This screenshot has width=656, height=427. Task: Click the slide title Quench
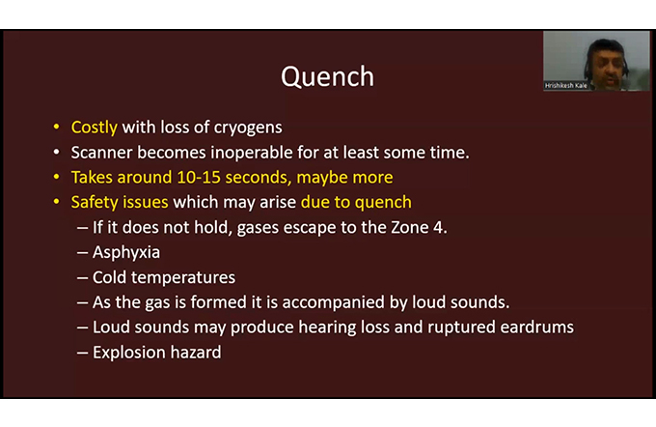[327, 77]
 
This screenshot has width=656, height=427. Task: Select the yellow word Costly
[95, 128]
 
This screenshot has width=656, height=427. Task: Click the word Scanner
[101, 153]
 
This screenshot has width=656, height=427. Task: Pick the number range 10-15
[199, 177]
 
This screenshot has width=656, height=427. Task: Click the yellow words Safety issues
[120, 202]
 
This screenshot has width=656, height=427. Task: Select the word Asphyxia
[126, 253]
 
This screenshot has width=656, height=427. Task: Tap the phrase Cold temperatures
[164, 277]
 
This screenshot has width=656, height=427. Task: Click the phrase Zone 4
[420, 228]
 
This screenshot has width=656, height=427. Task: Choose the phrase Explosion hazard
[157, 353]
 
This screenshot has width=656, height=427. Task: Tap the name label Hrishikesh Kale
[565, 85]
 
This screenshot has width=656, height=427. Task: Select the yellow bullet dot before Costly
[57, 127]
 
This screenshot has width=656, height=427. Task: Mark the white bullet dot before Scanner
[57, 152]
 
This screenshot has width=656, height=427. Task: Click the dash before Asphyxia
[82, 253]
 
